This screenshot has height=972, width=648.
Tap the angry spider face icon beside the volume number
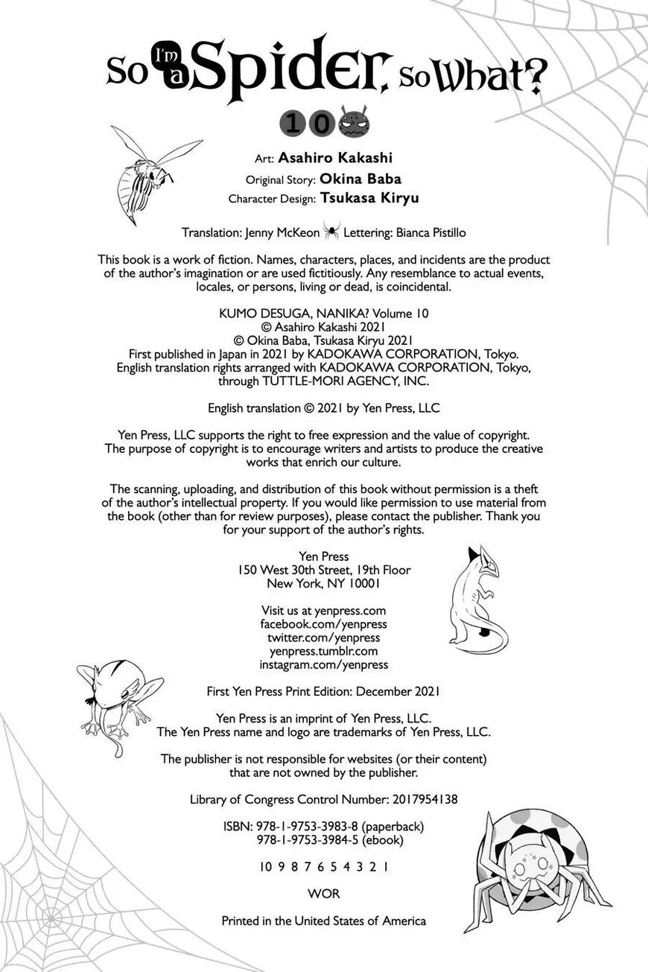(354, 121)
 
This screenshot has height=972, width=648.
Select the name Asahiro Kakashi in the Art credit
(335, 158)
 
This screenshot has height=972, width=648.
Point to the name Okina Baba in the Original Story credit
(360, 179)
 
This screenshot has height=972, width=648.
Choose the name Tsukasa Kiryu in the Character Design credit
(369, 198)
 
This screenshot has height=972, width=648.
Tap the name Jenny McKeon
(282, 232)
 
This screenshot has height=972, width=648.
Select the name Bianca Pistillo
(436, 232)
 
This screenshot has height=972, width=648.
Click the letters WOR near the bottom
(323, 894)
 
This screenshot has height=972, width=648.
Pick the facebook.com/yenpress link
(323, 624)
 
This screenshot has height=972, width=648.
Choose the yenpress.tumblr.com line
(323, 651)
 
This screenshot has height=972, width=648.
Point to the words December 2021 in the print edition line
(398, 690)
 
